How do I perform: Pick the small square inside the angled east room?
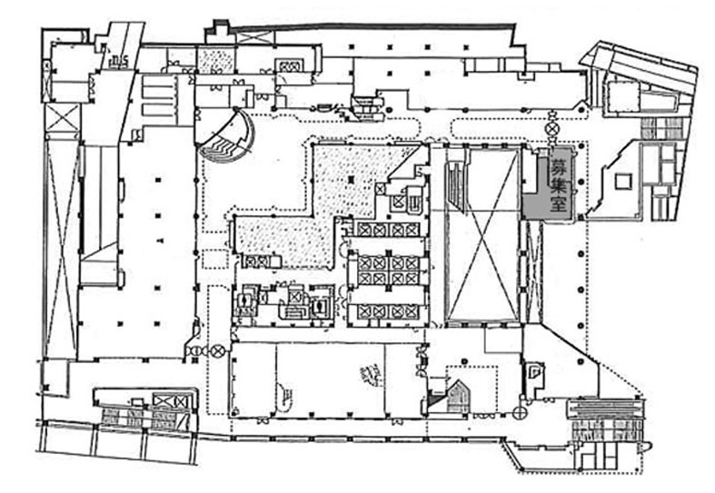623,181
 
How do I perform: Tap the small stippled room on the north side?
216,62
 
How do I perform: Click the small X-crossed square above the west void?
64,117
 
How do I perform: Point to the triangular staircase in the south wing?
454,396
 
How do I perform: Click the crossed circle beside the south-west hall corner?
218,350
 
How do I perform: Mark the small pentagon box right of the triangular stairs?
534,371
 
